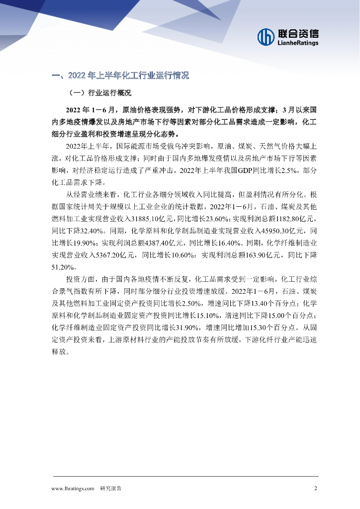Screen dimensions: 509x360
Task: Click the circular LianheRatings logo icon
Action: pyautogui.click(x=266, y=36)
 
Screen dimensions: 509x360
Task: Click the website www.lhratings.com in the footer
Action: pyautogui.click(x=73, y=488)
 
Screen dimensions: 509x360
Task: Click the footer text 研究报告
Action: pyautogui.click(x=111, y=488)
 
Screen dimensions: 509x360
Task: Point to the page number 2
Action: pyautogui.click(x=316, y=488)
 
